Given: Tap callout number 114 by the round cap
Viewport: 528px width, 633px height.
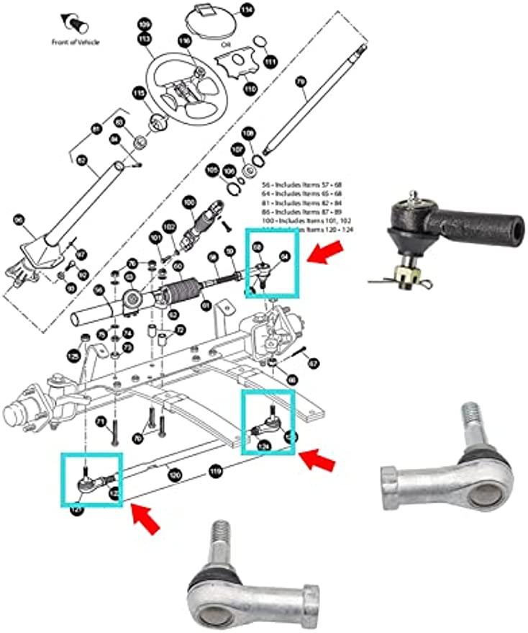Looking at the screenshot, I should coord(247,10).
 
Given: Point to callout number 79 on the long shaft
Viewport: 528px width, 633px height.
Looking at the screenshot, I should coord(301,84).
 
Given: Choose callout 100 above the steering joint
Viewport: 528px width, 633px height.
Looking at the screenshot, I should coord(189,203).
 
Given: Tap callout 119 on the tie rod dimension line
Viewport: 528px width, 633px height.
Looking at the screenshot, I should coord(214,472).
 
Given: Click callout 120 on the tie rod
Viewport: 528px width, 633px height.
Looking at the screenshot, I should coord(173,475).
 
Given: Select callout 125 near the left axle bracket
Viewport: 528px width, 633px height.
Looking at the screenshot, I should coord(73,356).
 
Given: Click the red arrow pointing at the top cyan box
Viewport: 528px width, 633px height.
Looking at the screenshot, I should coord(323,253).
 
